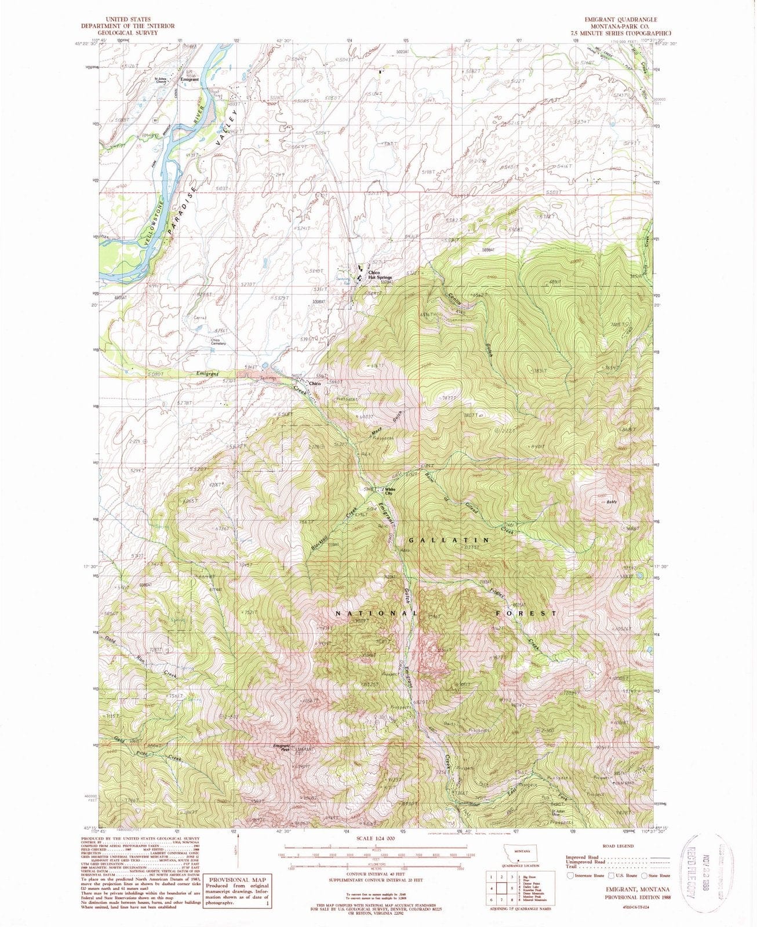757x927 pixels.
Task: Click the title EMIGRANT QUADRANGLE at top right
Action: coord(623,20)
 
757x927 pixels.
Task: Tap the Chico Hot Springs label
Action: coord(380,275)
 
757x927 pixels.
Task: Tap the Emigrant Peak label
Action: coord(281,747)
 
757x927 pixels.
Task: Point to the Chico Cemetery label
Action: coord(219,342)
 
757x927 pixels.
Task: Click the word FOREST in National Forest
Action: coord(526,612)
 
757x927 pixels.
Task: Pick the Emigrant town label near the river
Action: coord(190,79)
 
